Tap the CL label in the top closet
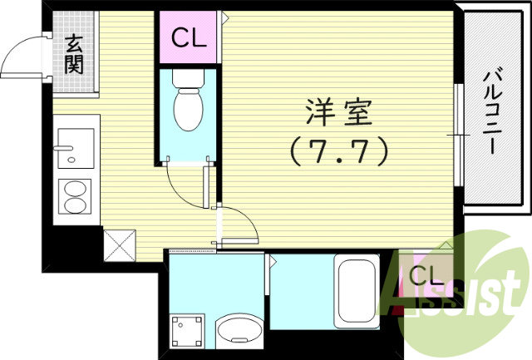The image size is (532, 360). tap(190, 37)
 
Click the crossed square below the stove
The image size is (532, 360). tap(117, 245)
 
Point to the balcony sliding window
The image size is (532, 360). tap(456, 133)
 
